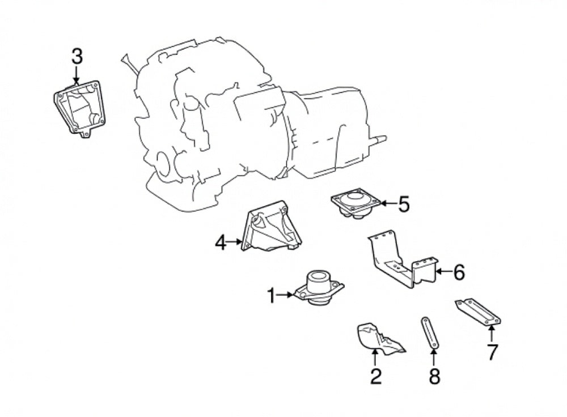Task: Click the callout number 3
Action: (x=77, y=57)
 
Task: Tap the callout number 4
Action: (x=221, y=244)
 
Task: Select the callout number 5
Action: (x=404, y=204)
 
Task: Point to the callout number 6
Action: (x=458, y=273)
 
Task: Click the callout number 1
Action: (x=272, y=295)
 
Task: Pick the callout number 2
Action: (x=376, y=376)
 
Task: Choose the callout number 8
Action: (x=434, y=376)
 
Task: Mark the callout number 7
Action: (x=492, y=352)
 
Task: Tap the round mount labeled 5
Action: (x=356, y=204)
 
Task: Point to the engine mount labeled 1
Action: (x=319, y=288)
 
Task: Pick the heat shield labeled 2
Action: (x=379, y=339)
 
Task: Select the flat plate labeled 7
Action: (x=477, y=313)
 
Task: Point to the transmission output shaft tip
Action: (x=384, y=139)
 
